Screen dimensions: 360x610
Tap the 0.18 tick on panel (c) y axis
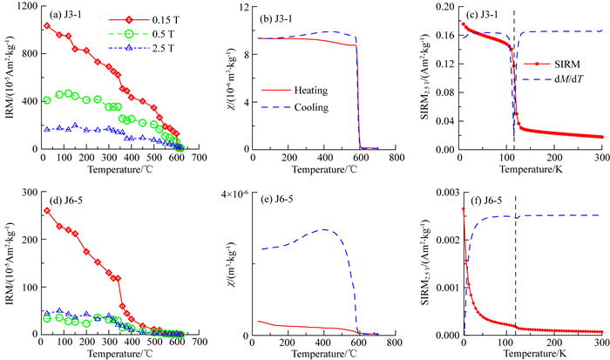[446, 7]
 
